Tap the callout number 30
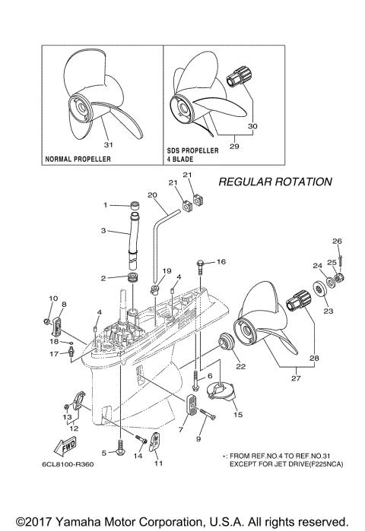point(253,126)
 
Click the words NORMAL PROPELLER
point(78,160)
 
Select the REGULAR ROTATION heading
point(275,182)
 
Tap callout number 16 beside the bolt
point(221,261)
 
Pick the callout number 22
point(241,367)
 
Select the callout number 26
point(337,242)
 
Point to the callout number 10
point(53,298)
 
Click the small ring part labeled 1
point(134,205)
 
